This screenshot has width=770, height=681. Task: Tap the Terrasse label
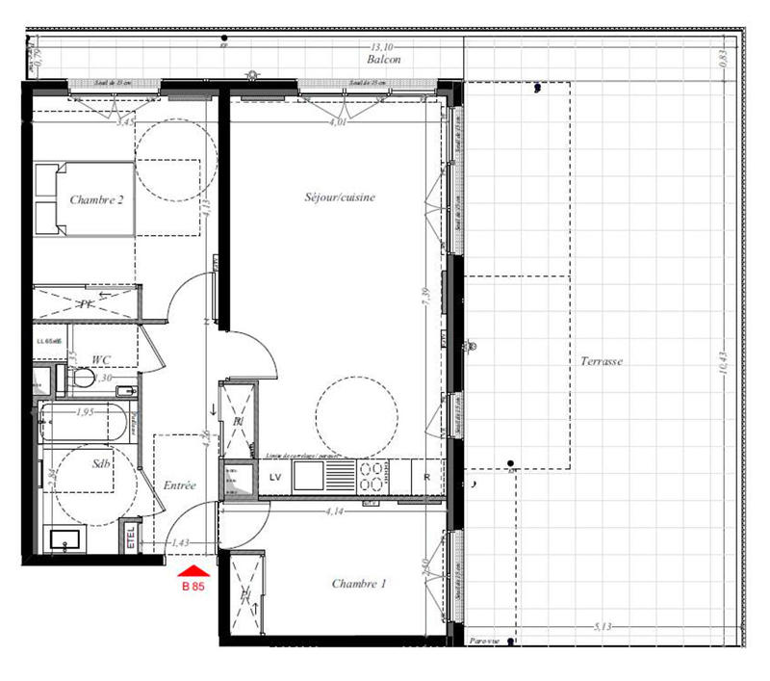[602, 362]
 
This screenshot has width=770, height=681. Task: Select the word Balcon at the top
[382, 59]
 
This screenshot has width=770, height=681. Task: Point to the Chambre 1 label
[360, 584]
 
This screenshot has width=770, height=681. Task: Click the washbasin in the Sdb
[65, 538]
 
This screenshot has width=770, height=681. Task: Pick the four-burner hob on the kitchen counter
[373, 476]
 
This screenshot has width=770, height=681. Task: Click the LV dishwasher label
[274, 477]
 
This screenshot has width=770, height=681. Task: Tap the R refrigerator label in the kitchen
[425, 477]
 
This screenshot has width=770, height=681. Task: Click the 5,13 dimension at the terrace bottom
[603, 627]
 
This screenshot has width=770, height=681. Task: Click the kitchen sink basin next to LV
[311, 475]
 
